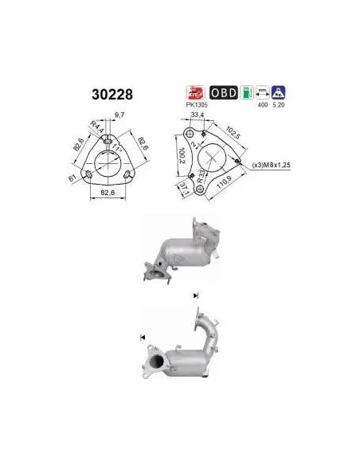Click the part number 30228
[x=114, y=94]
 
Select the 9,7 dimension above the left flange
[x=119, y=116]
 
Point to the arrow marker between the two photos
[x=196, y=295]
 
